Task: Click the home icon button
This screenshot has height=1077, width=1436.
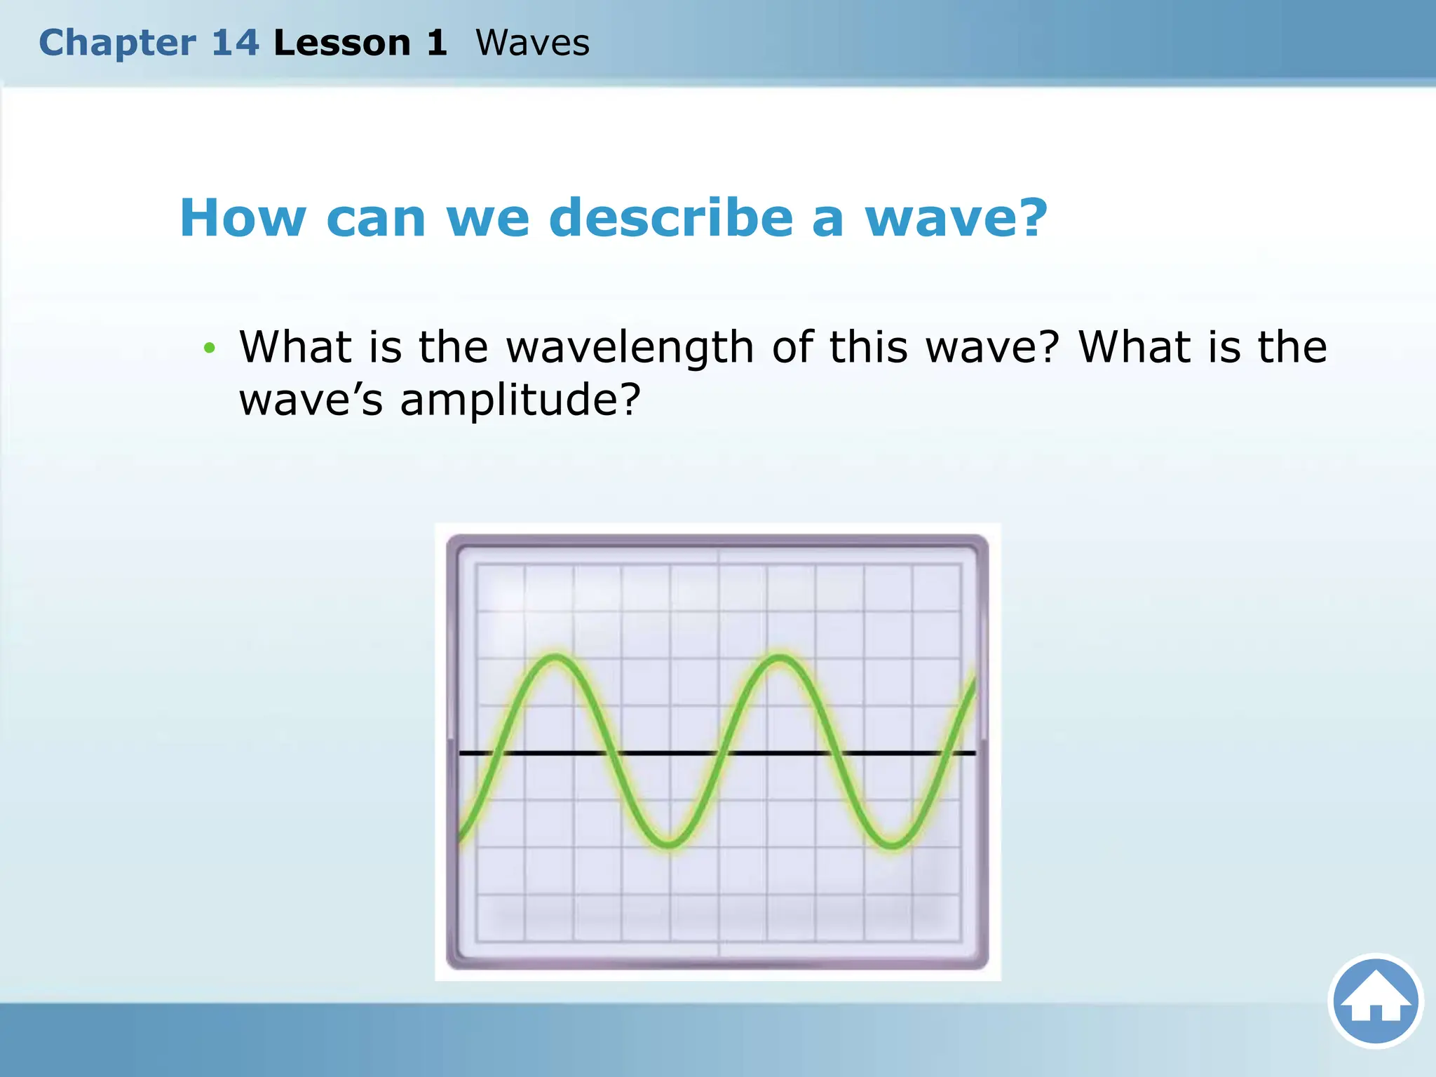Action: pyautogui.click(x=1375, y=1001)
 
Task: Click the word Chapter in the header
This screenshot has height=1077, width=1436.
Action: pyautogui.click(x=117, y=43)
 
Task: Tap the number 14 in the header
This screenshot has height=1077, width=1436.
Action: pyautogui.click(x=236, y=43)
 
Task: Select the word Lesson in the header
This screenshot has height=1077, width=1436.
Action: pyautogui.click(x=342, y=43)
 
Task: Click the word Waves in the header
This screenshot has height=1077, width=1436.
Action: pyautogui.click(x=532, y=43)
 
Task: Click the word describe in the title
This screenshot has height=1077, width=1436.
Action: pyautogui.click(x=671, y=218)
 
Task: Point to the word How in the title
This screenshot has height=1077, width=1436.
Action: pyautogui.click(x=243, y=218)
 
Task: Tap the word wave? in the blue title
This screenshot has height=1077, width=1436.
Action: pyautogui.click(x=956, y=218)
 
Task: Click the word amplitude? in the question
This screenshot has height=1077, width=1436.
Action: pyautogui.click(x=520, y=400)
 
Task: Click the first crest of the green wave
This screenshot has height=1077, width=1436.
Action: pyautogui.click(x=555, y=658)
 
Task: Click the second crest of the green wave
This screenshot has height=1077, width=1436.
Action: pyautogui.click(x=780, y=658)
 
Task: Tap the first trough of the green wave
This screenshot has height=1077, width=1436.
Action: pyautogui.click(x=670, y=844)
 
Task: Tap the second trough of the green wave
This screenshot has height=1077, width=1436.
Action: pyautogui.click(x=892, y=844)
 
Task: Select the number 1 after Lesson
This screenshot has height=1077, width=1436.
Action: pyautogui.click(x=436, y=43)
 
